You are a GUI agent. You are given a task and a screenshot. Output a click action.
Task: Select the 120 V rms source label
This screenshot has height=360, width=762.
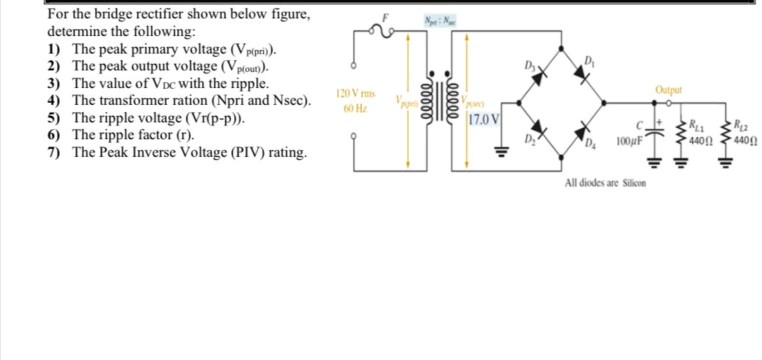point(349,93)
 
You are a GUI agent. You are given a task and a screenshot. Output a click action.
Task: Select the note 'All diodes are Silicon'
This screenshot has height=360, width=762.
point(607,184)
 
